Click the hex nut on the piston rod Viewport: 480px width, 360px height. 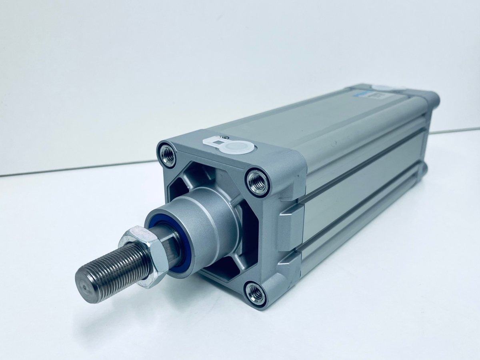144,256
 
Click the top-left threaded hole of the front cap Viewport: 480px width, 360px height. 168,155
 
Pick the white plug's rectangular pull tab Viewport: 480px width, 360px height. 213,140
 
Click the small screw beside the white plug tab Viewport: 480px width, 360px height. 226,137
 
